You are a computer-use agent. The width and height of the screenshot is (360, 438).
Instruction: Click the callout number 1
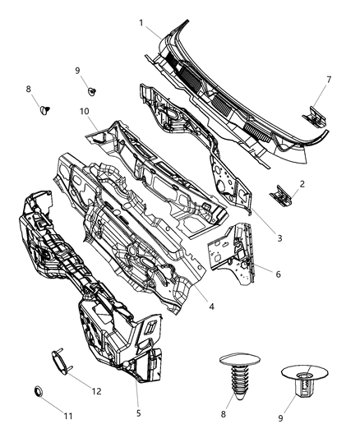point(141,22)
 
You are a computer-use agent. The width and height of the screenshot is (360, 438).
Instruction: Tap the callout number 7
point(329,79)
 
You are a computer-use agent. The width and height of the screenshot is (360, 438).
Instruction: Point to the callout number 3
point(279,238)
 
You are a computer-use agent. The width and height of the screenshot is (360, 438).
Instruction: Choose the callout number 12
point(96,390)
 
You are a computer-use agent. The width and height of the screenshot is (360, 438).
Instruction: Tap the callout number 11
point(69,417)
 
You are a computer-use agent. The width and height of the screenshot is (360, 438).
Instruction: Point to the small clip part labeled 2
point(281,196)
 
